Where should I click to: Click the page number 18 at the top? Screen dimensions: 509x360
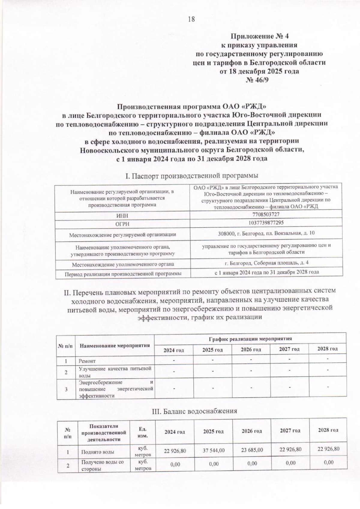[x=191, y=19]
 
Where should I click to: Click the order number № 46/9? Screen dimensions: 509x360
[x=259, y=80]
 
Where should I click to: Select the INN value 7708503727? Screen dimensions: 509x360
[x=267, y=214]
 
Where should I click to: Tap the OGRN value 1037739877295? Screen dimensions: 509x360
[x=266, y=223]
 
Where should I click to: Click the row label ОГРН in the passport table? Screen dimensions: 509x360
[x=122, y=224]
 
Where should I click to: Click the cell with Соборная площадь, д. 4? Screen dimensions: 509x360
[x=266, y=263]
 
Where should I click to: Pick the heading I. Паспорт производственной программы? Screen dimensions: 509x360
[x=192, y=175]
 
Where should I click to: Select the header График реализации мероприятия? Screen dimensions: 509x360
[x=250, y=339]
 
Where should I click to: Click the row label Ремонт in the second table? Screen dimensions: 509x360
[x=87, y=361]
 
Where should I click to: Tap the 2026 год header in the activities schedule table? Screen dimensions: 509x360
[x=251, y=349]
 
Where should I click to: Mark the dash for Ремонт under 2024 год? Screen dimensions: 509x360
[x=174, y=360]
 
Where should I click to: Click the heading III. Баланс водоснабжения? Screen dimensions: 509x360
[x=195, y=411]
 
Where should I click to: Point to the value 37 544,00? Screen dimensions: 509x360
[x=214, y=451]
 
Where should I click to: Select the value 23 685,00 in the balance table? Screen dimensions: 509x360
[x=252, y=450]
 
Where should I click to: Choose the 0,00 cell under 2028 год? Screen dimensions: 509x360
[x=328, y=462]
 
